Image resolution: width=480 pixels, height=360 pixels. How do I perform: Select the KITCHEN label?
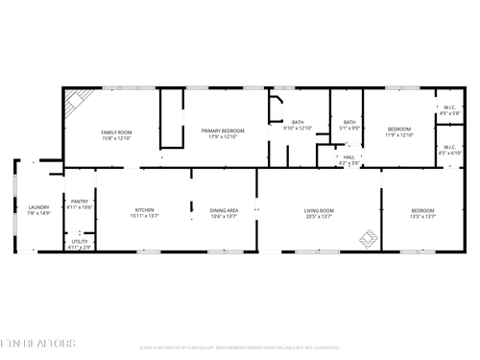(144, 209)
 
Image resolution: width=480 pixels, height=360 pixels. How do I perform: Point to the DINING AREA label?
(225, 209)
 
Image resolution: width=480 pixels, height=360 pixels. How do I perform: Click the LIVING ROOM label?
(319, 209)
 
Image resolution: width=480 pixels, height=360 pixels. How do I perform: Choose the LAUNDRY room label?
(38, 207)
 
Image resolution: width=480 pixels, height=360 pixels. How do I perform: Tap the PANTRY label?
(81, 201)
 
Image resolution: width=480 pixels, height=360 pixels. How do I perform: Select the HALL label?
(348, 157)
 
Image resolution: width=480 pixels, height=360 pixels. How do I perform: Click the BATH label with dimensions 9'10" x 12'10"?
(298, 122)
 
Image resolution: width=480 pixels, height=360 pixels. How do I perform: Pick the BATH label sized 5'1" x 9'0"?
(349, 122)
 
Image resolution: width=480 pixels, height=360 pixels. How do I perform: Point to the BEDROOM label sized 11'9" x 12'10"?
(399, 129)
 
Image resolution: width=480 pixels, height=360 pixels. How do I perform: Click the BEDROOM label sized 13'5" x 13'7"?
(422, 209)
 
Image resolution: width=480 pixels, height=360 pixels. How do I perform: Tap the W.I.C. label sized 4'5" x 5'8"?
(449, 108)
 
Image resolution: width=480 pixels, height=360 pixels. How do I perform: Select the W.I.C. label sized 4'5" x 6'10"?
(449, 147)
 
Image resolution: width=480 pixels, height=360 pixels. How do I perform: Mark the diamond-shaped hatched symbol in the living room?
(368, 237)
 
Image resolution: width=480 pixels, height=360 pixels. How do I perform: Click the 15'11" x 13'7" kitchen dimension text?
(144, 216)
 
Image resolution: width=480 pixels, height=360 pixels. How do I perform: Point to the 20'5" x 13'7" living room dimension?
(319, 216)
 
